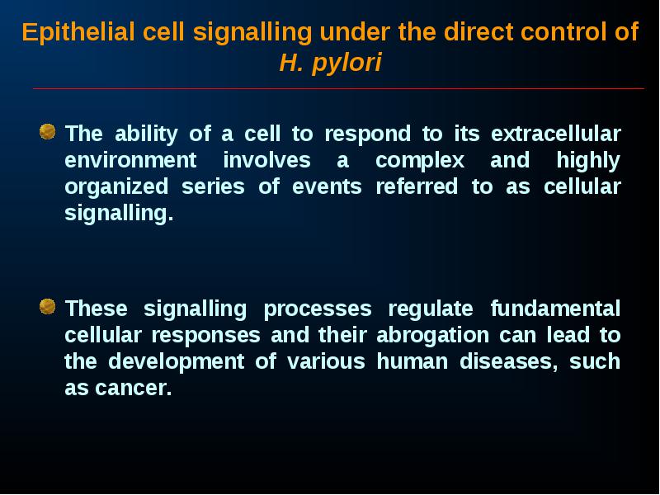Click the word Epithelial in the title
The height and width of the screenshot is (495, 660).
78,32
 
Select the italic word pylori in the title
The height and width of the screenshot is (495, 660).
346,64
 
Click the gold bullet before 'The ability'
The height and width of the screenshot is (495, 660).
48,131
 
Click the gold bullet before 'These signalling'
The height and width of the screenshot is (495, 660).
48,306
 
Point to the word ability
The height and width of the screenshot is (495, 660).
147,134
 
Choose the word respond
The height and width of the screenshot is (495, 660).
367,134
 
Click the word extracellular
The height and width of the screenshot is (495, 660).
555,134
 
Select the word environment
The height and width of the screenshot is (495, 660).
130,161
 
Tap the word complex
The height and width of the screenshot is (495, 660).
420,161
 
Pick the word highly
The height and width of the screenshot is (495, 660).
588,161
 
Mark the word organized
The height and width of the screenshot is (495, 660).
116,188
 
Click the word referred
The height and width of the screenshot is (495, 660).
417,187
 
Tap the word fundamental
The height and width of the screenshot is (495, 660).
555,309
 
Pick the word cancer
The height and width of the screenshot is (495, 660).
134,389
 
